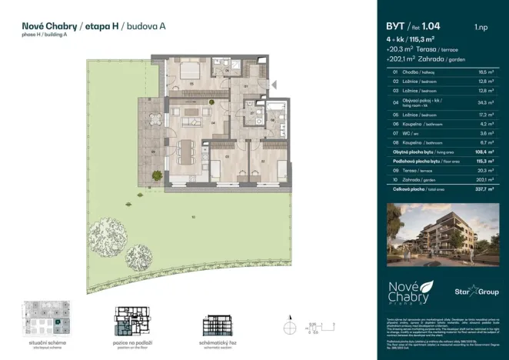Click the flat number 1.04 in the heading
pos(434,26)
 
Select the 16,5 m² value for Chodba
pos(484,72)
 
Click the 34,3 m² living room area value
pos(484,102)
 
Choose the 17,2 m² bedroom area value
pos(484,113)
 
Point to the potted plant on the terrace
pos(158,175)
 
